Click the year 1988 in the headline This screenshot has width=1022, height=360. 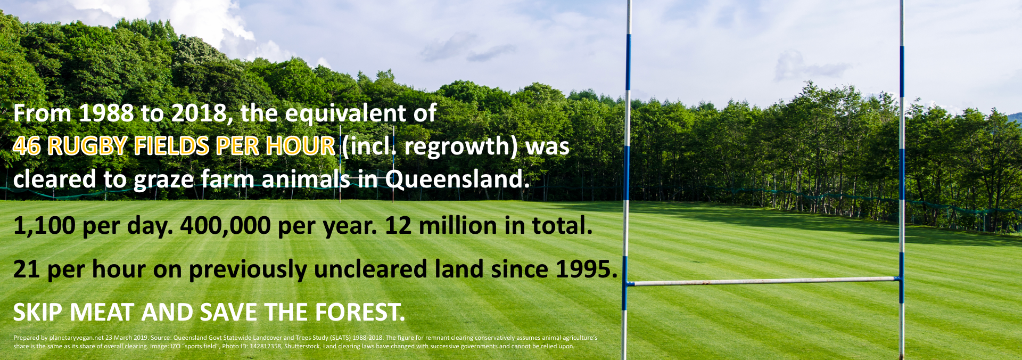(x=106, y=113)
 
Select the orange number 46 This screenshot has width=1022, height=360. (x=27, y=146)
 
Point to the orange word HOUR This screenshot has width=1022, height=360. (x=301, y=146)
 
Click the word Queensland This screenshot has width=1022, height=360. (x=457, y=179)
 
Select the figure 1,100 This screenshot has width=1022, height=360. (x=45, y=226)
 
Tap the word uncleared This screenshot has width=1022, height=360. (x=370, y=269)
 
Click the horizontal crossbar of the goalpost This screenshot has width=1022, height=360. (x=764, y=281)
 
